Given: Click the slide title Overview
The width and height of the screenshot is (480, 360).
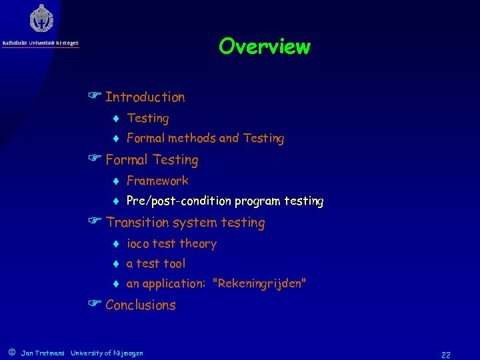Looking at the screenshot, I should (x=264, y=47).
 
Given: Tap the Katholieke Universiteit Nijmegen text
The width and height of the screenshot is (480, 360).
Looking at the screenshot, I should (x=41, y=43).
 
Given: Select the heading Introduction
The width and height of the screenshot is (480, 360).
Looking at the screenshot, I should (x=145, y=97).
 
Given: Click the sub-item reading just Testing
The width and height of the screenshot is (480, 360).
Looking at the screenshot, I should (x=147, y=119).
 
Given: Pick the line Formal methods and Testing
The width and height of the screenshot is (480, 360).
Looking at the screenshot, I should (x=205, y=139).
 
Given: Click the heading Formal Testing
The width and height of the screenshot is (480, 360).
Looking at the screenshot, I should (x=151, y=160).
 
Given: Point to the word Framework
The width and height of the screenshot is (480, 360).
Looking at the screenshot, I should (x=157, y=181).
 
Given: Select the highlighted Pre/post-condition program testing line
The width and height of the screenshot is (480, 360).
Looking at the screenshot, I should (x=225, y=201).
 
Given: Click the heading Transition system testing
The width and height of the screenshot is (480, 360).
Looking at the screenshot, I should (x=185, y=223).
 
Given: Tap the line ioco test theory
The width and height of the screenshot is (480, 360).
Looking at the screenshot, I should (x=171, y=244).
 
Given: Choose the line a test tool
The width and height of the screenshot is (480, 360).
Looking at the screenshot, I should (x=155, y=264).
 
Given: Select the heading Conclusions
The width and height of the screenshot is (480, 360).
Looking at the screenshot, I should (x=140, y=305).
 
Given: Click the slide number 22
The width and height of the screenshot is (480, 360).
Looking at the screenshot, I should (x=445, y=355).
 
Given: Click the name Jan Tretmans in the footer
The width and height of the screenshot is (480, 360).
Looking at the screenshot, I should (x=43, y=353).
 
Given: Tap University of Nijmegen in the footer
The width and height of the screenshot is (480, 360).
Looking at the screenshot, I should (x=107, y=353).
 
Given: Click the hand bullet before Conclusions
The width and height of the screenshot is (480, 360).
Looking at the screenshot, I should (x=95, y=305).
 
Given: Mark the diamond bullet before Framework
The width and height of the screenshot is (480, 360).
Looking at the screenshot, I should (x=115, y=181).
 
